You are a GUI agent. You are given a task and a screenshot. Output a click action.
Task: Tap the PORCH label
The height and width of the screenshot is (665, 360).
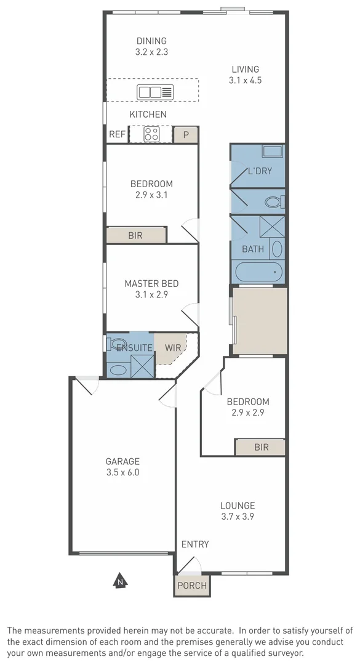191,586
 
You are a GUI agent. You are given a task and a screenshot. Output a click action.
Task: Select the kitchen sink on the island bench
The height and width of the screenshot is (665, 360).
156,92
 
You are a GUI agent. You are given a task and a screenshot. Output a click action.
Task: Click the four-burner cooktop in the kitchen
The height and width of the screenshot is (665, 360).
151,134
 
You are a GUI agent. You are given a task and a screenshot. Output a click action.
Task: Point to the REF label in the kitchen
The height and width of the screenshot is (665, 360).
117,134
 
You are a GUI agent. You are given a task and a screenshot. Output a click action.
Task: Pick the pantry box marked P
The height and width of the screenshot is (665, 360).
185,135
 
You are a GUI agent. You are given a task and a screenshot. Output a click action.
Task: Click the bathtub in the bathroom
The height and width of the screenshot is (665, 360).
258,272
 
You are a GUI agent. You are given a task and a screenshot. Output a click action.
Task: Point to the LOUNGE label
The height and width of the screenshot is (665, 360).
238,506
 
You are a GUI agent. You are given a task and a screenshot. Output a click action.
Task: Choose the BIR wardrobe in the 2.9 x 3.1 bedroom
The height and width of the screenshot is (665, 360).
136,235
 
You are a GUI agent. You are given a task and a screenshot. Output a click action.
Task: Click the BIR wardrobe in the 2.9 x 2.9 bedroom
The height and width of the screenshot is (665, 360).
260,447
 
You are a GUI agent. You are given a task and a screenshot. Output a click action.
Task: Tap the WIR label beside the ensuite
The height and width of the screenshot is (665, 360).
173,348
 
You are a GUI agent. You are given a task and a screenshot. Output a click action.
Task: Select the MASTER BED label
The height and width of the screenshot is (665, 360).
151,284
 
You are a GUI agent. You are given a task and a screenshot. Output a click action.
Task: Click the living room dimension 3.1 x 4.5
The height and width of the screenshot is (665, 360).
245,80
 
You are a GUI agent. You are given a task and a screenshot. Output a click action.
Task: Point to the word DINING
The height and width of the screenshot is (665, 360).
151,41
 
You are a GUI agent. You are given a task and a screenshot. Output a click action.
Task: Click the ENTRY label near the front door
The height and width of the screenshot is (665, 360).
194,544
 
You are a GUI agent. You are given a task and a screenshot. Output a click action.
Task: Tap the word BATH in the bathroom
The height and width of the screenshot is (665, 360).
253,249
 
